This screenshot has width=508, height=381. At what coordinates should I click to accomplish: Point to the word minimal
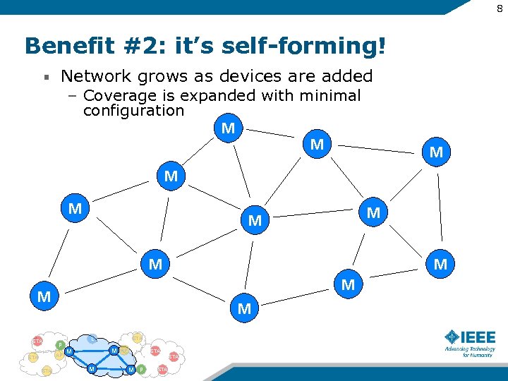click(332, 95)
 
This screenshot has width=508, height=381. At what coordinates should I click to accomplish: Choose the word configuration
click(133, 111)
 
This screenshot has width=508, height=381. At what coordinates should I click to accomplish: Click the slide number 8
click(499, 8)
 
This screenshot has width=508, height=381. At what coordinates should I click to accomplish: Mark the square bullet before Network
click(45, 76)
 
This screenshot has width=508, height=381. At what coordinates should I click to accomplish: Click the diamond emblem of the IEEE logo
click(452, 337)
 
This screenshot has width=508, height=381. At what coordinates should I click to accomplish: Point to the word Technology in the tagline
click(481, 349)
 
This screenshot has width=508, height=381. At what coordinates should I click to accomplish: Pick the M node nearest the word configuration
click(228, 128)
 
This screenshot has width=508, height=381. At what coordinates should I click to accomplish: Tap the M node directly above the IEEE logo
click(440, 265)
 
